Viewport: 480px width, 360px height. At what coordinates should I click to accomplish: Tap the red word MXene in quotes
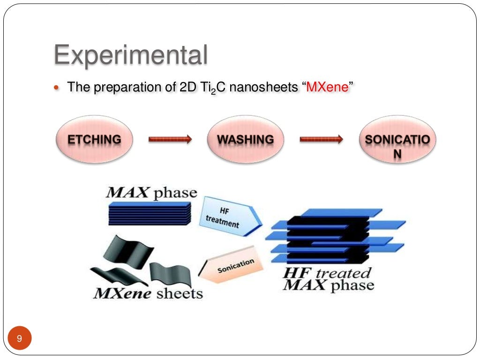(328, 87)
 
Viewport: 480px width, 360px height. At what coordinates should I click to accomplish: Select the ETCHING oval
(94, 140)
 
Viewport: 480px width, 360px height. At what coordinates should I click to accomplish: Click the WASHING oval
(245, 140)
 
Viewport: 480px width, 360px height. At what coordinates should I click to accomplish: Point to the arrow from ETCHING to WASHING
(170, 139)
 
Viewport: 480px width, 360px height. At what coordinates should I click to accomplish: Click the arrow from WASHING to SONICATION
(321, 139)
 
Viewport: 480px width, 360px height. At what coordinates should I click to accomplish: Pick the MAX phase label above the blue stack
(151, 193)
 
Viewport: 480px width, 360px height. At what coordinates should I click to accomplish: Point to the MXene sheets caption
(148, 294)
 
